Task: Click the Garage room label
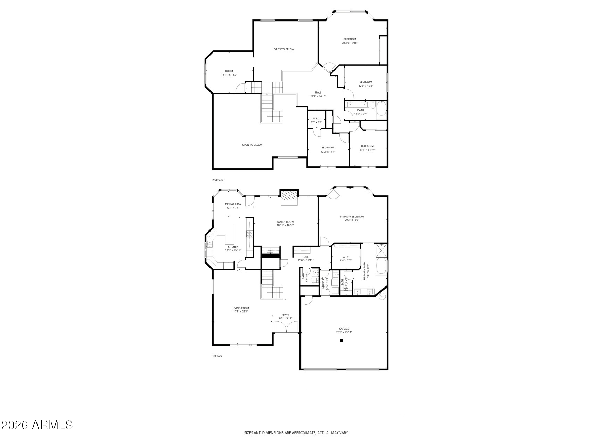[344, 329]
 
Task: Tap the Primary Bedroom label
[352, 217]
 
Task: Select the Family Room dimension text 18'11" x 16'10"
[285, 225]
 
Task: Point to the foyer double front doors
[286, 327]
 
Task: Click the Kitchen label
[233, 246]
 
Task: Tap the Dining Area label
[233, 204]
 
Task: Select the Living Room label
[240, 308]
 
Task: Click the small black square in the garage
[341, 341]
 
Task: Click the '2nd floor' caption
[217, 180]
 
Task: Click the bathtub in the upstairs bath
[381, 109]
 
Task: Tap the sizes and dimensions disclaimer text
[296, 433]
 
